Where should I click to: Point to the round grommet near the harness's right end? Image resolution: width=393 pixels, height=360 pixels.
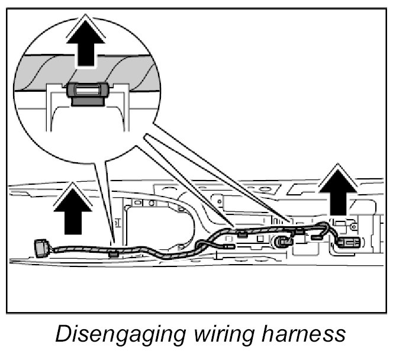click(x=284, y=242)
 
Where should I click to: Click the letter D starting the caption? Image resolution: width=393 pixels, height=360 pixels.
click(x=61, y=335)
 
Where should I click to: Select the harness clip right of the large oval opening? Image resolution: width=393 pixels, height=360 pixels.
click(x=241, y=234)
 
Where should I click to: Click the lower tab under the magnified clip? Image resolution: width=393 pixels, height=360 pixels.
click(x=88, y=101)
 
